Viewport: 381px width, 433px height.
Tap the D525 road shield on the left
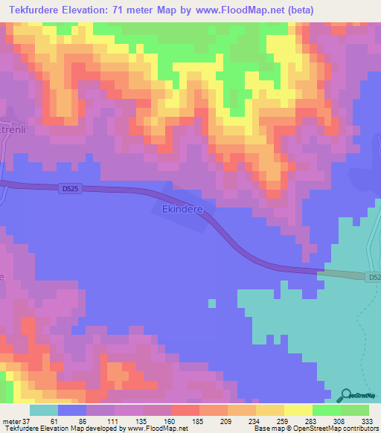click(x=68, y=190)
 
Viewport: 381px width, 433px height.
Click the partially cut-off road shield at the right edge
click(x=374, y=277)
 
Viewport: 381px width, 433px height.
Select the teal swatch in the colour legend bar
click(x=44, y=411)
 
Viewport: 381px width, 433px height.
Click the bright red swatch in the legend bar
click(x=185, y=411)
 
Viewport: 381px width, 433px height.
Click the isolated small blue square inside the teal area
click(x=212, y=303)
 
